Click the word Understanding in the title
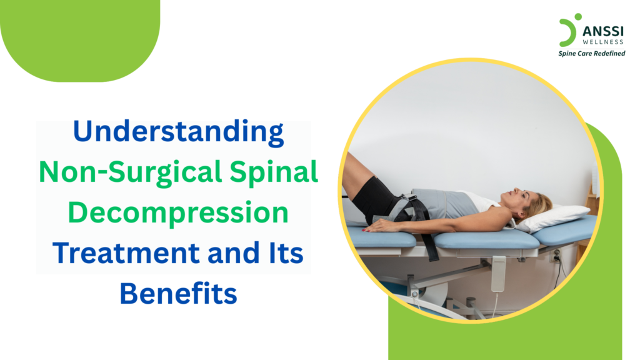[178, 132]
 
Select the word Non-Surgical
[131, 172]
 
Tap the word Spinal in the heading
[274, 172]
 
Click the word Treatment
[127, 253]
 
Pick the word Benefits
[178, 294]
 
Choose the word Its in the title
[286, 253]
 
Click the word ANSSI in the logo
[603, 31]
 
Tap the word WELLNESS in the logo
[603, 42]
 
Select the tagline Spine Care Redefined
[591, 54]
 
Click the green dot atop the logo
[578, 17]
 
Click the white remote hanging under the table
[498, 274]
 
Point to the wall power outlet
[556, 256]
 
